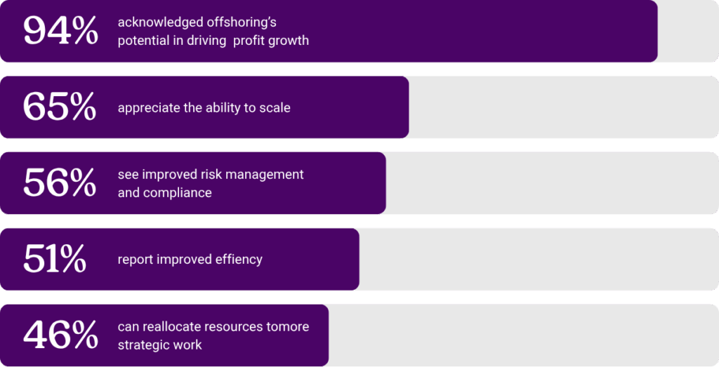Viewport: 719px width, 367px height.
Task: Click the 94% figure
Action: pos(60,32)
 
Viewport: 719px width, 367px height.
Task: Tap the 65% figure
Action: pos(59,107)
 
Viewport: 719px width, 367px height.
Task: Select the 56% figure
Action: pos(59,183)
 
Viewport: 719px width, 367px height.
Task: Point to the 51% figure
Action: pos(54,259)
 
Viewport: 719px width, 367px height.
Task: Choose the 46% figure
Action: pos(60,335)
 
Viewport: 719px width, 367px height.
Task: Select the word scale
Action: pos(274,108)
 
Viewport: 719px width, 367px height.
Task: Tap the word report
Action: pos(135,260)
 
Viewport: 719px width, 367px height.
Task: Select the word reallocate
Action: pos(176,327)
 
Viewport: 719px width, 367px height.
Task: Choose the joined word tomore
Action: pos(288,327)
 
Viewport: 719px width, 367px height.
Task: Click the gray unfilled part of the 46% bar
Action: pos(523,335)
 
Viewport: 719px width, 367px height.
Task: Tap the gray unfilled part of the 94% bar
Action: pos(687,32)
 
